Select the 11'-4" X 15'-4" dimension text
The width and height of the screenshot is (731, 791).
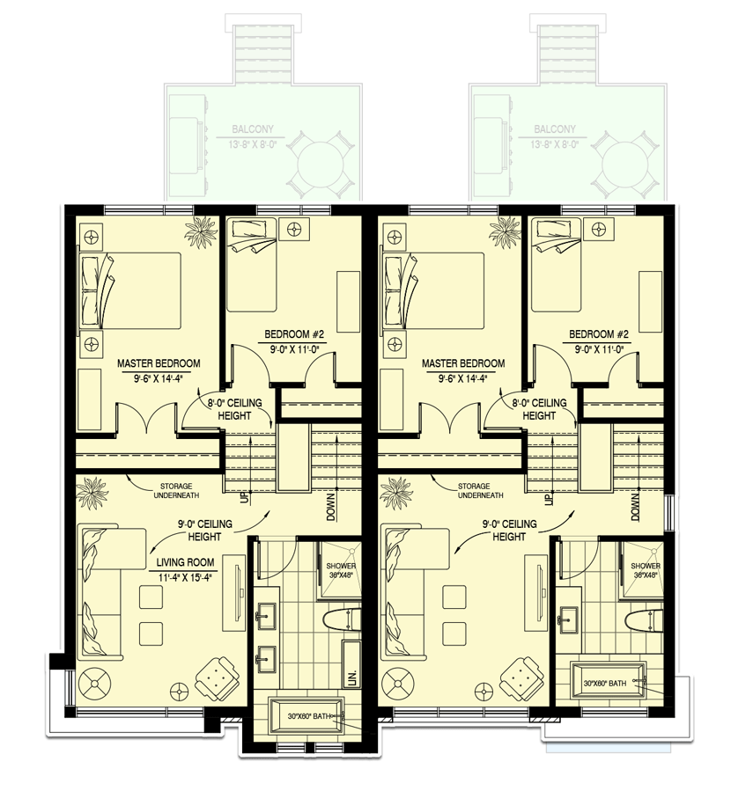pos(188,577)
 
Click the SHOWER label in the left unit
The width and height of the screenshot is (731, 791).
pos(341,568)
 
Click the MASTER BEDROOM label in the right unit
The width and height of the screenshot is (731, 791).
pos(463,363)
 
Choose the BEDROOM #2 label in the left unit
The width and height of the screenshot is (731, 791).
pos(296,334)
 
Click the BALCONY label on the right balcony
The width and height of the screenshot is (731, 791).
pos(554,129)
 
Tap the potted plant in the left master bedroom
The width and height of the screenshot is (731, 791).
pos(201,233)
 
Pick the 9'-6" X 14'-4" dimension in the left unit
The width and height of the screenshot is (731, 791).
pos(159,379)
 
